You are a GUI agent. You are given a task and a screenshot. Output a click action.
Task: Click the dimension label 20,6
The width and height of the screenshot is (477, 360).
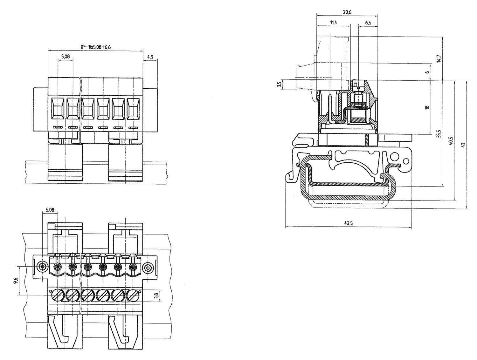click(x=347, y=12)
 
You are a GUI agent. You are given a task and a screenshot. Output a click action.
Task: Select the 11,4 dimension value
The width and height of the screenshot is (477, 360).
click(x=334, y=22)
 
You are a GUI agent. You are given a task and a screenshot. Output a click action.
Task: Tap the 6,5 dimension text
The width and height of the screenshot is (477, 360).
click(x=368, y=22)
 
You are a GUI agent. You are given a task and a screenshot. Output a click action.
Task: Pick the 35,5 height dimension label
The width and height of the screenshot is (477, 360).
click(x=439, y=134)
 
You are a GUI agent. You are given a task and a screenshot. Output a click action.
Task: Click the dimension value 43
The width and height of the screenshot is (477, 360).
click(x=463, y=145)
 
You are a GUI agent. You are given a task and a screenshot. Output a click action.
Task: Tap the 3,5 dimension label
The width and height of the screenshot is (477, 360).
click(x=279, y=85)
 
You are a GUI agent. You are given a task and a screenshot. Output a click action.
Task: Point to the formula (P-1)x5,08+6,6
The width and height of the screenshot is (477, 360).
click(x=95, y=47)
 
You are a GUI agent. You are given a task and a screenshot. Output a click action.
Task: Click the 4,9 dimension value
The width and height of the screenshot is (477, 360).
click(x=150, y=57)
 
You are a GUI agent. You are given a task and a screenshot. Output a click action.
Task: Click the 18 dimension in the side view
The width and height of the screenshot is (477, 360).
click(x=427, y=107)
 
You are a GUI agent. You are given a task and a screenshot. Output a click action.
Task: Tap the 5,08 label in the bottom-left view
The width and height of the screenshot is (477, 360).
click(x=50, y=210)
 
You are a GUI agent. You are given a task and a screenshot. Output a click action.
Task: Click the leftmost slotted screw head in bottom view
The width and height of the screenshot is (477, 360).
click(x=57, y=295)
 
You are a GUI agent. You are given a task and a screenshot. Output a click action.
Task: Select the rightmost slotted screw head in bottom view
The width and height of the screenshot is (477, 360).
click(x=133, y=295)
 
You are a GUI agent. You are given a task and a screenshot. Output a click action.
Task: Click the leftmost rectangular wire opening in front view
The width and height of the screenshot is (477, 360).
click(x=58, y=108)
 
